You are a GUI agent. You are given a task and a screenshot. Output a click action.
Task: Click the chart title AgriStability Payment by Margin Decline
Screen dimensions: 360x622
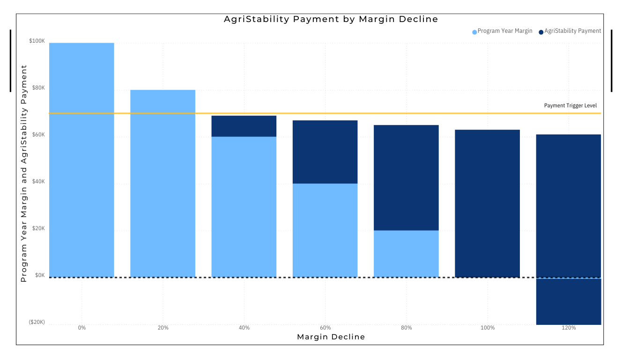click(331, 19)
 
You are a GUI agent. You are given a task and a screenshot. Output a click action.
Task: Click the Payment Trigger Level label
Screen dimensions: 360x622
click(570, 105)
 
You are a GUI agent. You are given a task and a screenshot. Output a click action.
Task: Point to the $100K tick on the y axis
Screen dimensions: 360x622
click(37, 41)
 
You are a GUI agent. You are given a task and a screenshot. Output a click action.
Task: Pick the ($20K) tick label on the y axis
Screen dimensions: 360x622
click(37, 322)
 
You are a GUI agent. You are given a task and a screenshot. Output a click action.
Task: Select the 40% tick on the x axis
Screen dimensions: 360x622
click(244, 328)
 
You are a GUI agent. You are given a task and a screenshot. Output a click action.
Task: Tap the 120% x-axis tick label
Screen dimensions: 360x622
click(569, 328)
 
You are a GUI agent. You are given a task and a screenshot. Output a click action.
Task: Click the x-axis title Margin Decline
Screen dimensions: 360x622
click(331, 337)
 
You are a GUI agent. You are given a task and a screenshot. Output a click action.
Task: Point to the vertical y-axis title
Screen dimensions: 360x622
click(24, 173)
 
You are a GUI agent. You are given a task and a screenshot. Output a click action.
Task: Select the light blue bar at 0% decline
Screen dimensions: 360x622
click(81, 159)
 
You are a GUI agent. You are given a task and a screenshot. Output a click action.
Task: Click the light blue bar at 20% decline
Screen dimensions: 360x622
click(163, 183)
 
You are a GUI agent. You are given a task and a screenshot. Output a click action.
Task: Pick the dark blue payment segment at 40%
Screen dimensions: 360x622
click(244, 126)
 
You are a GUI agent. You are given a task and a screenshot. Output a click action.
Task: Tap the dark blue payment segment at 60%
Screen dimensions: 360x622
click(325, 152)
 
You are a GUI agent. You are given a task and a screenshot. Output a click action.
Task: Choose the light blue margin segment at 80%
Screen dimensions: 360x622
click(406, 253)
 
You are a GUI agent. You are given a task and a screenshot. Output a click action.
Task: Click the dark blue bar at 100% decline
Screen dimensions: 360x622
click(487, 203)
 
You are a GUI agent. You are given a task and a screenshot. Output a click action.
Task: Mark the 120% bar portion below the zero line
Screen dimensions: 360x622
click(569, 301)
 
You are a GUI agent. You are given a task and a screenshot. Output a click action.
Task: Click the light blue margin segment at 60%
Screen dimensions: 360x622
click(325, 230)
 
